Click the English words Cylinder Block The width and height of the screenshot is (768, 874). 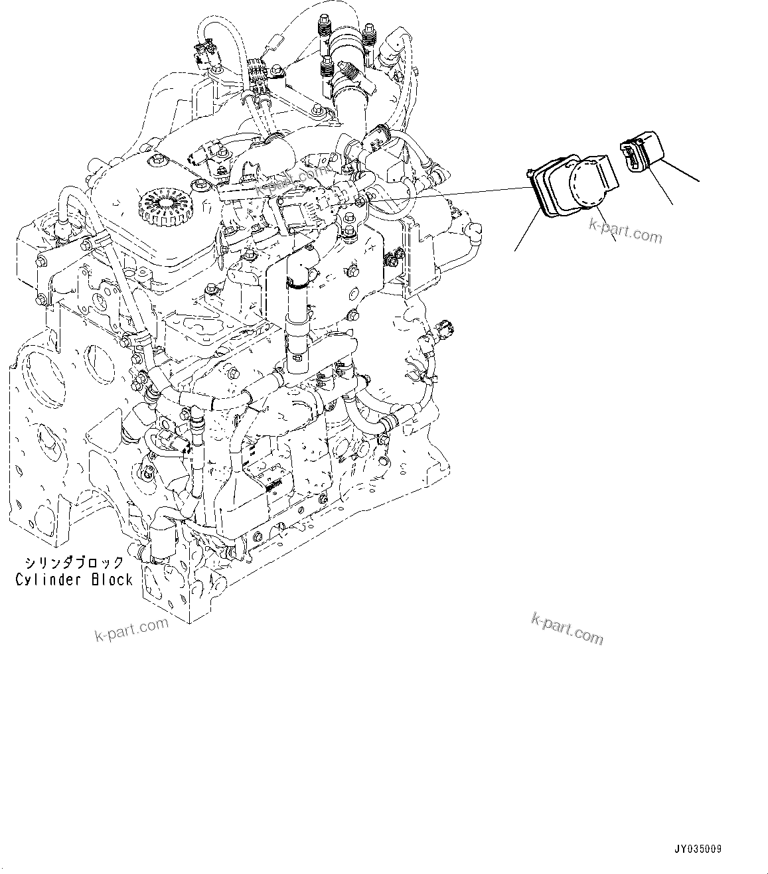(74, 579)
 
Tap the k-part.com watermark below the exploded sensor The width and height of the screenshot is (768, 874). (625, 232)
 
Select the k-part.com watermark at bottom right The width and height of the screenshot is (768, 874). (568, 628)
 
